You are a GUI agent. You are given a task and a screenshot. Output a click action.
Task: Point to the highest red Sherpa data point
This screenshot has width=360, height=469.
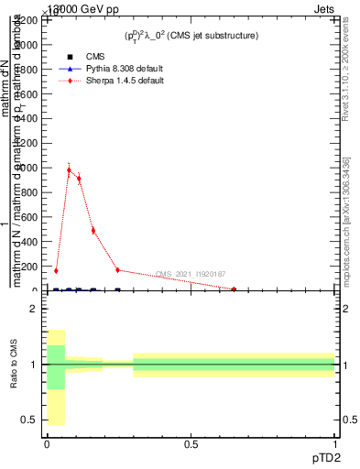tap(69, 169)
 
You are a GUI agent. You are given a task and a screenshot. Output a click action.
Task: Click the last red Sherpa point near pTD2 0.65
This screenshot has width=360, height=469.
tap(235, 289)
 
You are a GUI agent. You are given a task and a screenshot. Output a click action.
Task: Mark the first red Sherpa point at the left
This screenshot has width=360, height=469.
tap(56, 270)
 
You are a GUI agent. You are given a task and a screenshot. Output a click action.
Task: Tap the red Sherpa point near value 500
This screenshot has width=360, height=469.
tap(93, 230)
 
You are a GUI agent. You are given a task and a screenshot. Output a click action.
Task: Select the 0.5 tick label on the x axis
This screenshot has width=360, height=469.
tap(191, 442)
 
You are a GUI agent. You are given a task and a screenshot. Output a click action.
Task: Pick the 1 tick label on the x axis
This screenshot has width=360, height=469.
tap(335, 442)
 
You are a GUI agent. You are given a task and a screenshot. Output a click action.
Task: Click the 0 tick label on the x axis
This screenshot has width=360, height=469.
tap(47, 442)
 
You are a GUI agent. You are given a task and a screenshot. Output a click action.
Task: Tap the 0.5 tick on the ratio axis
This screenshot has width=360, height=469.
tap(28, 420)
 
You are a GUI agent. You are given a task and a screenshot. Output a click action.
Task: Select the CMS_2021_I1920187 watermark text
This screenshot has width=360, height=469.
tap(191, 274)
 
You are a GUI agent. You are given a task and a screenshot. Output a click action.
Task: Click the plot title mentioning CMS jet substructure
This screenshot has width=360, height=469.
tap(191, 35)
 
